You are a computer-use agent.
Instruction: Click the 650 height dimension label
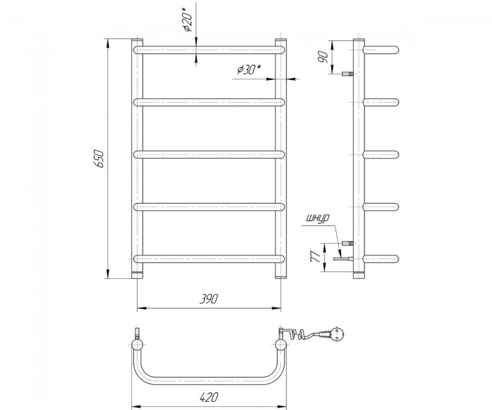tap(98, 158)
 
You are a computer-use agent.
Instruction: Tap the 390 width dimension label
tap(209, 299)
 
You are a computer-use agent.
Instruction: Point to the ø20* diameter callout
tap(188, 20)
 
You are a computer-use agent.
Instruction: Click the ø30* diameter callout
tap(249, 69)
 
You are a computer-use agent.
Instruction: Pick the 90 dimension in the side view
tap(323, 57)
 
